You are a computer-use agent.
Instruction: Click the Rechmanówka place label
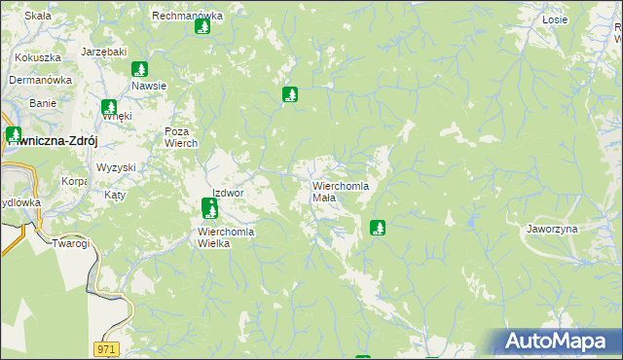pos(188,16)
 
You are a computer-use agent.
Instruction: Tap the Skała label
pos(38,16)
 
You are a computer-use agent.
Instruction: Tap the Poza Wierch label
pos(181,137)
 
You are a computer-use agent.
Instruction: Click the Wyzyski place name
pos(116,167)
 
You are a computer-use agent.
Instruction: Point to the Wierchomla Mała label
pos(341,191)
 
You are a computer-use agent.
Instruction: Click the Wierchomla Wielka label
pos(226,237)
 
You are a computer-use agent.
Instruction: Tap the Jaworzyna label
pos(552,229)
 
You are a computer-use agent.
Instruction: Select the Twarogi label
pos(71,243)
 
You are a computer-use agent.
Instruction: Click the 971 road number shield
pos(106,347)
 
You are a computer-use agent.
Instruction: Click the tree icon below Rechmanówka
pos(202,26)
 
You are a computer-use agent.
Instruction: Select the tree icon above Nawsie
pos(139,69)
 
